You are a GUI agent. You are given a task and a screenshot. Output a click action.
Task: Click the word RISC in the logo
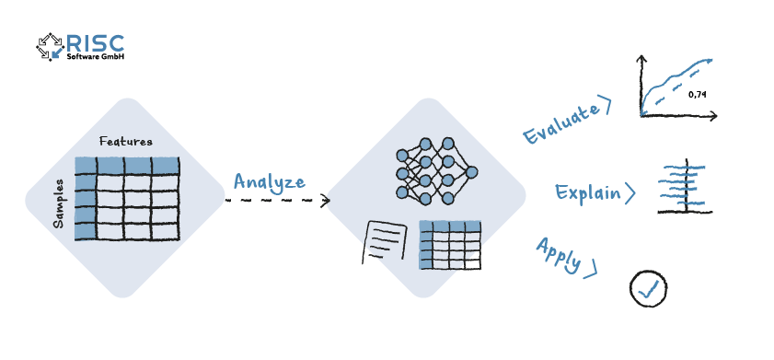[95, 41]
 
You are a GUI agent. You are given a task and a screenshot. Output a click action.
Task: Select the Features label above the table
[125, 141]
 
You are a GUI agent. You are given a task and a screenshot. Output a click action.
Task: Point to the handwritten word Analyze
[268, 180]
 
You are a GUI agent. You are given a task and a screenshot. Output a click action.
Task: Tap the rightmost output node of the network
[472, 172]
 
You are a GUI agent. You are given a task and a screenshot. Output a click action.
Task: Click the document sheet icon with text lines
[386, 242]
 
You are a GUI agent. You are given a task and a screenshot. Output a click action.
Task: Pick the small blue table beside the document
[450, 245]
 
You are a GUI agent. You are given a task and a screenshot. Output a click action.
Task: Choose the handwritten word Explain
[586, 193]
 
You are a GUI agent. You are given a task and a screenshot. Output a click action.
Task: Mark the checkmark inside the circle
[649, 289]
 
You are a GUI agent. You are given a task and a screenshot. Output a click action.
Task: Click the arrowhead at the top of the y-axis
[641, 59]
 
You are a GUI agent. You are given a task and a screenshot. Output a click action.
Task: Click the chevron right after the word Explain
[630, 193]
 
